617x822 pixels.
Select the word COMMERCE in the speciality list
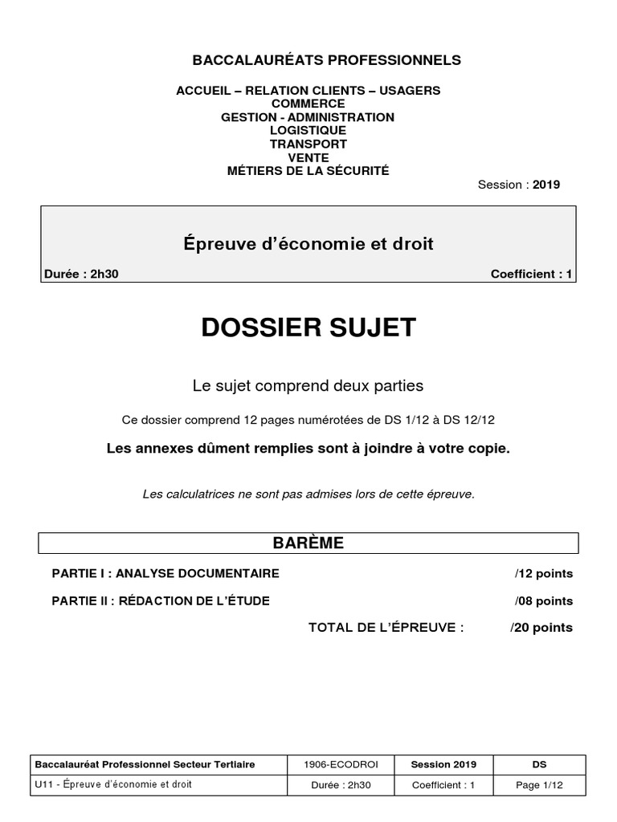pyautogui.click(x=308, y=104)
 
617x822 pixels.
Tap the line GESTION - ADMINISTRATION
pyautogui.click(x=308, y=117)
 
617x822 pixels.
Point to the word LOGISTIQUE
pyautogui.click(x=308, y=131)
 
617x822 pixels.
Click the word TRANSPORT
pyautogui.click(x=308, y=144)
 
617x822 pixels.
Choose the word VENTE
pyautogui.click(x=308, y=158)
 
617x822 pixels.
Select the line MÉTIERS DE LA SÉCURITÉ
pyautogui.click(x=308, y=171)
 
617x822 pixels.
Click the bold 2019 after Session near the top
pyautogui.click(x=545, y=185)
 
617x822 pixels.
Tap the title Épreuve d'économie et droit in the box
pyautogui.click(x=308, y=244)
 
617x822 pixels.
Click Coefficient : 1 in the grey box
pyautogui.click(x=531, y=275)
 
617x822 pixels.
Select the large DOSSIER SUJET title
pyautogui.click(x=308, y=328)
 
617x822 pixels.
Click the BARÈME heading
pyautogui.click(x=308, y=543)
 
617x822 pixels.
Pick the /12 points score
pyautogui.click(x=544, y=574)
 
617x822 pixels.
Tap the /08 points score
pyautogui.click(x=544, y=600)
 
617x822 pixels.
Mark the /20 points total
pyautogui.click(x=541, y=628)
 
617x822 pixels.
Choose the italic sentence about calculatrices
pyautogui.click(x=308, y=494)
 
